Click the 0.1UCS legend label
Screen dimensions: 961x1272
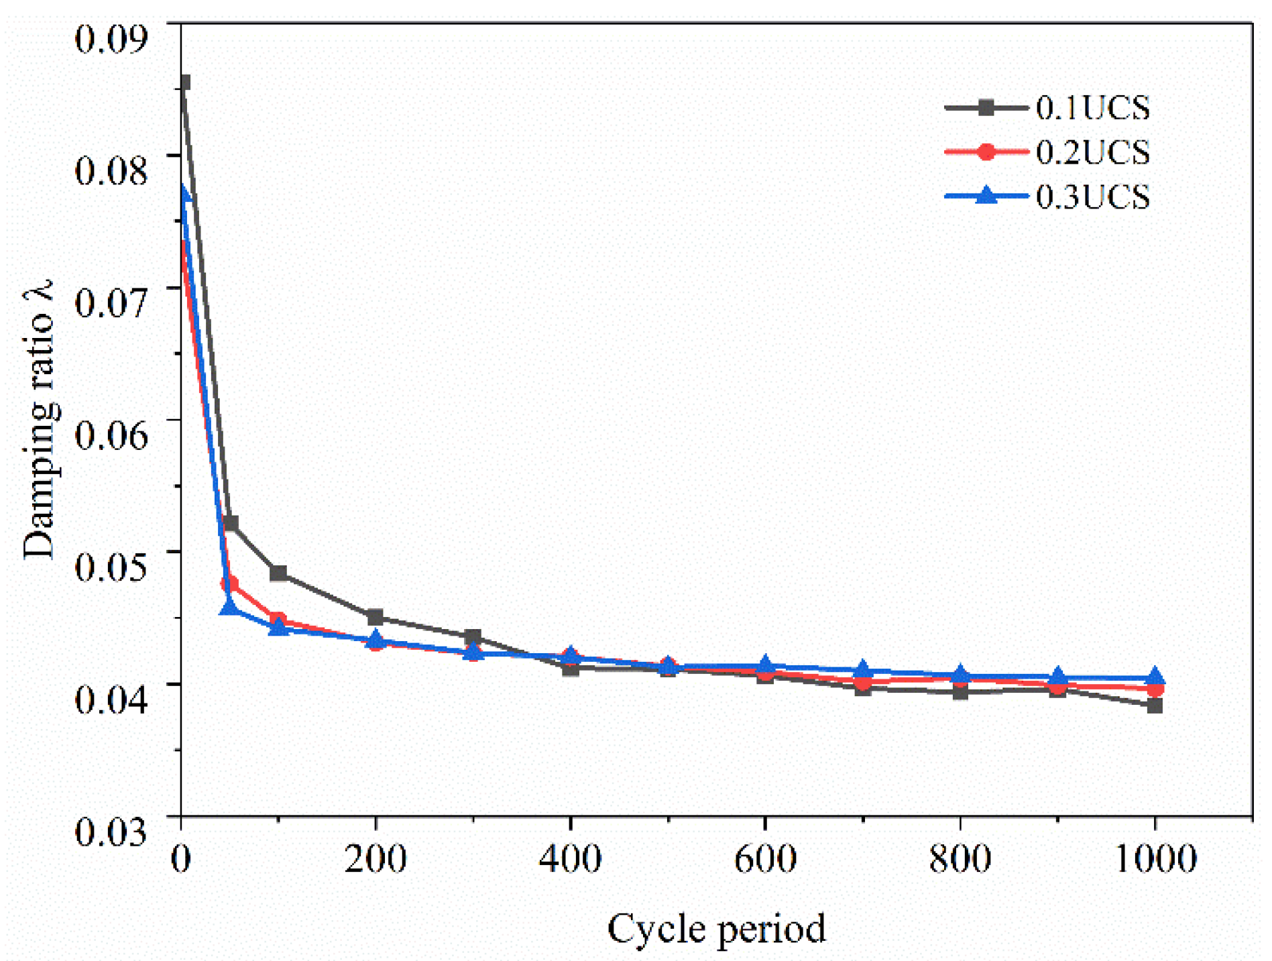pos(1092,109)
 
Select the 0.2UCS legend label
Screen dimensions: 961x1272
pos(1092,153)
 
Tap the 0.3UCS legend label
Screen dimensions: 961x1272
pos(1092,197)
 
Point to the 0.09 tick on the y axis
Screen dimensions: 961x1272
pos(111,38)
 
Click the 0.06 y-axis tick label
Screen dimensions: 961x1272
pos(111,435)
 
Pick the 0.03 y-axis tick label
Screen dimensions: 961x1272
pos(111,832)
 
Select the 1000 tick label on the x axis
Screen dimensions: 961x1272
pos(1155,859)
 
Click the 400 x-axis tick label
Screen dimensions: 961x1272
pos(570,859)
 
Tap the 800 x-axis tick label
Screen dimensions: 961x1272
pos(960,859)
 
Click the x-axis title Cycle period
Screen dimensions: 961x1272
pos(716,929)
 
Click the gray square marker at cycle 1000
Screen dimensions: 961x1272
pos(1155,705)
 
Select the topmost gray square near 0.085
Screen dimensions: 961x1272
pos(184,82)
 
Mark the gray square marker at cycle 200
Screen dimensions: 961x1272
pos(375,617)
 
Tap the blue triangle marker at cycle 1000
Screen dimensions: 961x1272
pos(1155,676)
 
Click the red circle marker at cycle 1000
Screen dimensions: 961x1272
pos(1155,689)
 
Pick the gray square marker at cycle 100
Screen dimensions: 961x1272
pos(278,573)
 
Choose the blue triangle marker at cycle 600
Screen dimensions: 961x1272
pos(765,665)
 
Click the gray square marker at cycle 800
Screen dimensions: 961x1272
pos(960,692)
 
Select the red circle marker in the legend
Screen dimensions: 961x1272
pos(986,152)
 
